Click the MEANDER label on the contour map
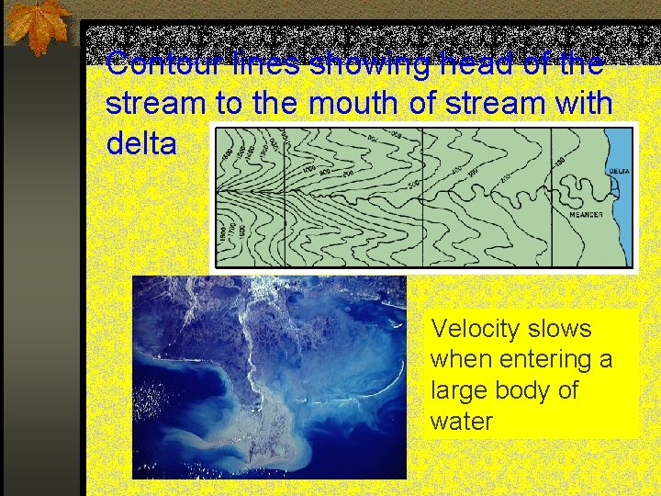587,214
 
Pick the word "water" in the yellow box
462,421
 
